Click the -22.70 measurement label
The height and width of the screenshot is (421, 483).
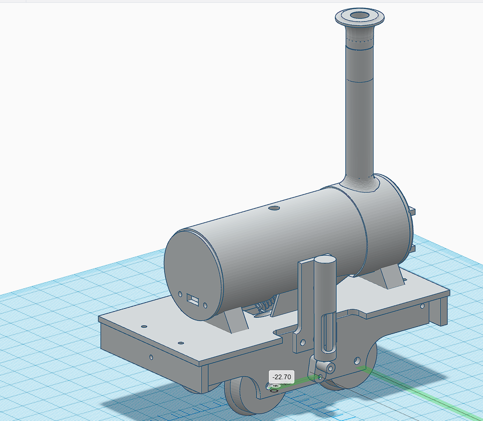(282, 376)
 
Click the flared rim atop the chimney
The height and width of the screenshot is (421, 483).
(360, 18)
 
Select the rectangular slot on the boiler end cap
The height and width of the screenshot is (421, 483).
(192, 299)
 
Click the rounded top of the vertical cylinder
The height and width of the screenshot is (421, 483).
(324, 260)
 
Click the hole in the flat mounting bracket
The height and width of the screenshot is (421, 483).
(303, 341)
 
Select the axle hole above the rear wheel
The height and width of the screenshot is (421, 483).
(357, 360)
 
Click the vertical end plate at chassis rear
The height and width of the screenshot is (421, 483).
(442, 310)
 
